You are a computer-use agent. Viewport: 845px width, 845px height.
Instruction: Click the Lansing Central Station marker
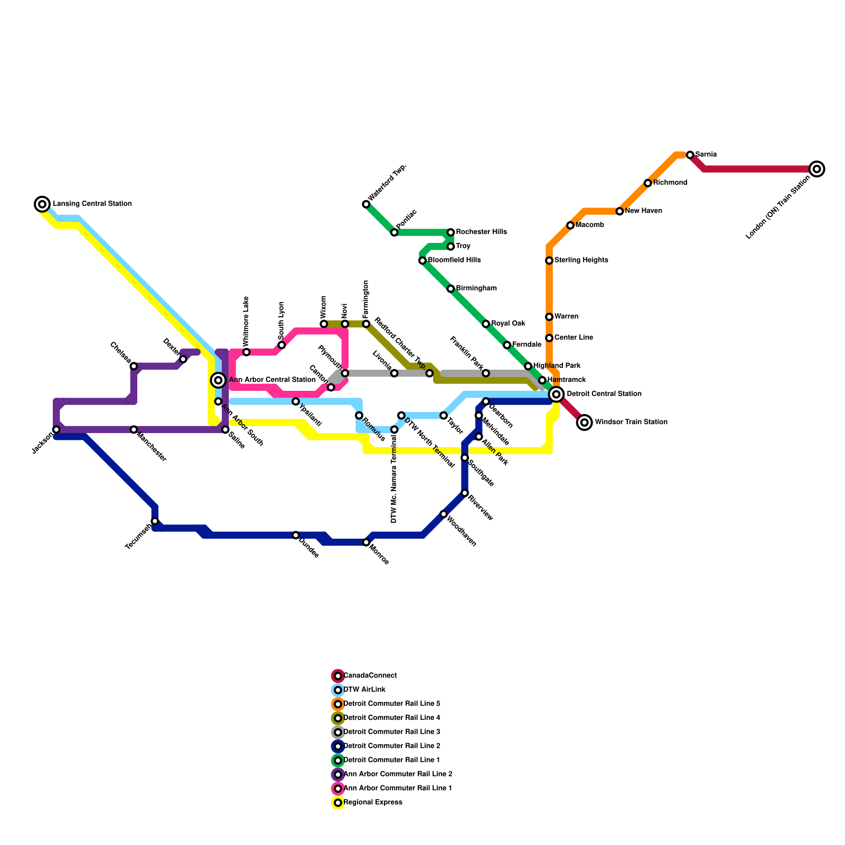[x=42, y=204]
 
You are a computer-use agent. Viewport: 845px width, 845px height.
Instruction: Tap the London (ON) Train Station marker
[x=816, y=169]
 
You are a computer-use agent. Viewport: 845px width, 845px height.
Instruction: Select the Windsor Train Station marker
[x=584, y=422]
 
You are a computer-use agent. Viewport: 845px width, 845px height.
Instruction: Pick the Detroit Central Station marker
[x=556, y=394]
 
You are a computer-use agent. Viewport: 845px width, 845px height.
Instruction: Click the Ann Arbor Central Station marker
[x=218, y=380]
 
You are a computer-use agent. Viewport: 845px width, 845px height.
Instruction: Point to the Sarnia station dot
[x=690, y=155]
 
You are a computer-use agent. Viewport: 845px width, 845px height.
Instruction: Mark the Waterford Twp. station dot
[x=366, y=204]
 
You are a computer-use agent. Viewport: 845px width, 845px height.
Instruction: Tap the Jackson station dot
[x=57, y=429]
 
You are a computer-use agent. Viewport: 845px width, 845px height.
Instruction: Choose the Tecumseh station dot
[x=155, y=521]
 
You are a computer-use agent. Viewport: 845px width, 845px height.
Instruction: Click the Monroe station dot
[x=366, y=542]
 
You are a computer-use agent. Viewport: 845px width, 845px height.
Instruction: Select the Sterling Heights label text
[x=581, y=260]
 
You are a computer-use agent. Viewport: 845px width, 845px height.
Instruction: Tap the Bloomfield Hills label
[x=454, y=260]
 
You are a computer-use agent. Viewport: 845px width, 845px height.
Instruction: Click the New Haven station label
[x=643, y=211]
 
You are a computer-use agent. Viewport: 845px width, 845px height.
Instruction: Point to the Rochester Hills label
[x=481, y=232]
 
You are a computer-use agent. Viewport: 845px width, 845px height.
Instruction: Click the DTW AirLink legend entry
[x=364, y=690]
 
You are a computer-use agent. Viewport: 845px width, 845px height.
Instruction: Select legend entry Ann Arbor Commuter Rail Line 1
[x=398, y=788]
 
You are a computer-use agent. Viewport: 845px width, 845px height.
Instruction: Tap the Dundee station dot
[x=296, y=536]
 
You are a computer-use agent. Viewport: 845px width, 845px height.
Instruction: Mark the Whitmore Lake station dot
[x=246, y=352]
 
